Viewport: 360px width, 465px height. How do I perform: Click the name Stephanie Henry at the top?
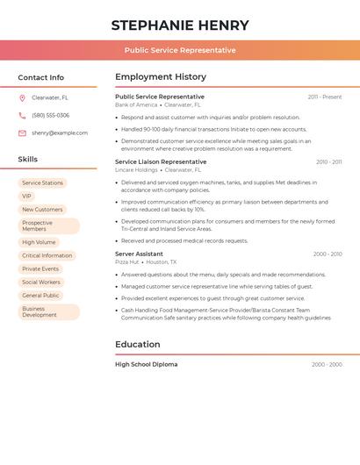180,25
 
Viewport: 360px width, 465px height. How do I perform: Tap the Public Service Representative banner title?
180,50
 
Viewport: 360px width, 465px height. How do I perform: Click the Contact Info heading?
40,77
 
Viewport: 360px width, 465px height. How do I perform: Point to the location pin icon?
22,98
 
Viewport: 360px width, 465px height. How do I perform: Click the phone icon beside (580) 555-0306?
22,116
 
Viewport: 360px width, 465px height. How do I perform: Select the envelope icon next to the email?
22,133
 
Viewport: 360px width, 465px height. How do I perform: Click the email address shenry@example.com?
60,133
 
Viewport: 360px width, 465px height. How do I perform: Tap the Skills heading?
28,160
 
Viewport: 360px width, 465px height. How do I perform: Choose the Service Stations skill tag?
42,183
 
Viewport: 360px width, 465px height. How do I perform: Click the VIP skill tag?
26,197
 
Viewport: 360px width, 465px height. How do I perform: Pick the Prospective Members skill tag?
48,225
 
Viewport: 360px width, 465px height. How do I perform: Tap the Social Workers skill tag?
41,283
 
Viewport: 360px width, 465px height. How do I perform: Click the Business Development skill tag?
48,311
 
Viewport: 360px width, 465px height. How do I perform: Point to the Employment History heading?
161,77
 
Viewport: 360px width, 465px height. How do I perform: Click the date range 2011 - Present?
325,97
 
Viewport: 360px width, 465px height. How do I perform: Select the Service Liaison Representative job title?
161,162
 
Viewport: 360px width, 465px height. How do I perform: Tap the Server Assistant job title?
139,254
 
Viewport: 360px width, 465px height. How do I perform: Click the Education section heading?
137,345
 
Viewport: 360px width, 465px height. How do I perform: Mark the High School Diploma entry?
146,364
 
